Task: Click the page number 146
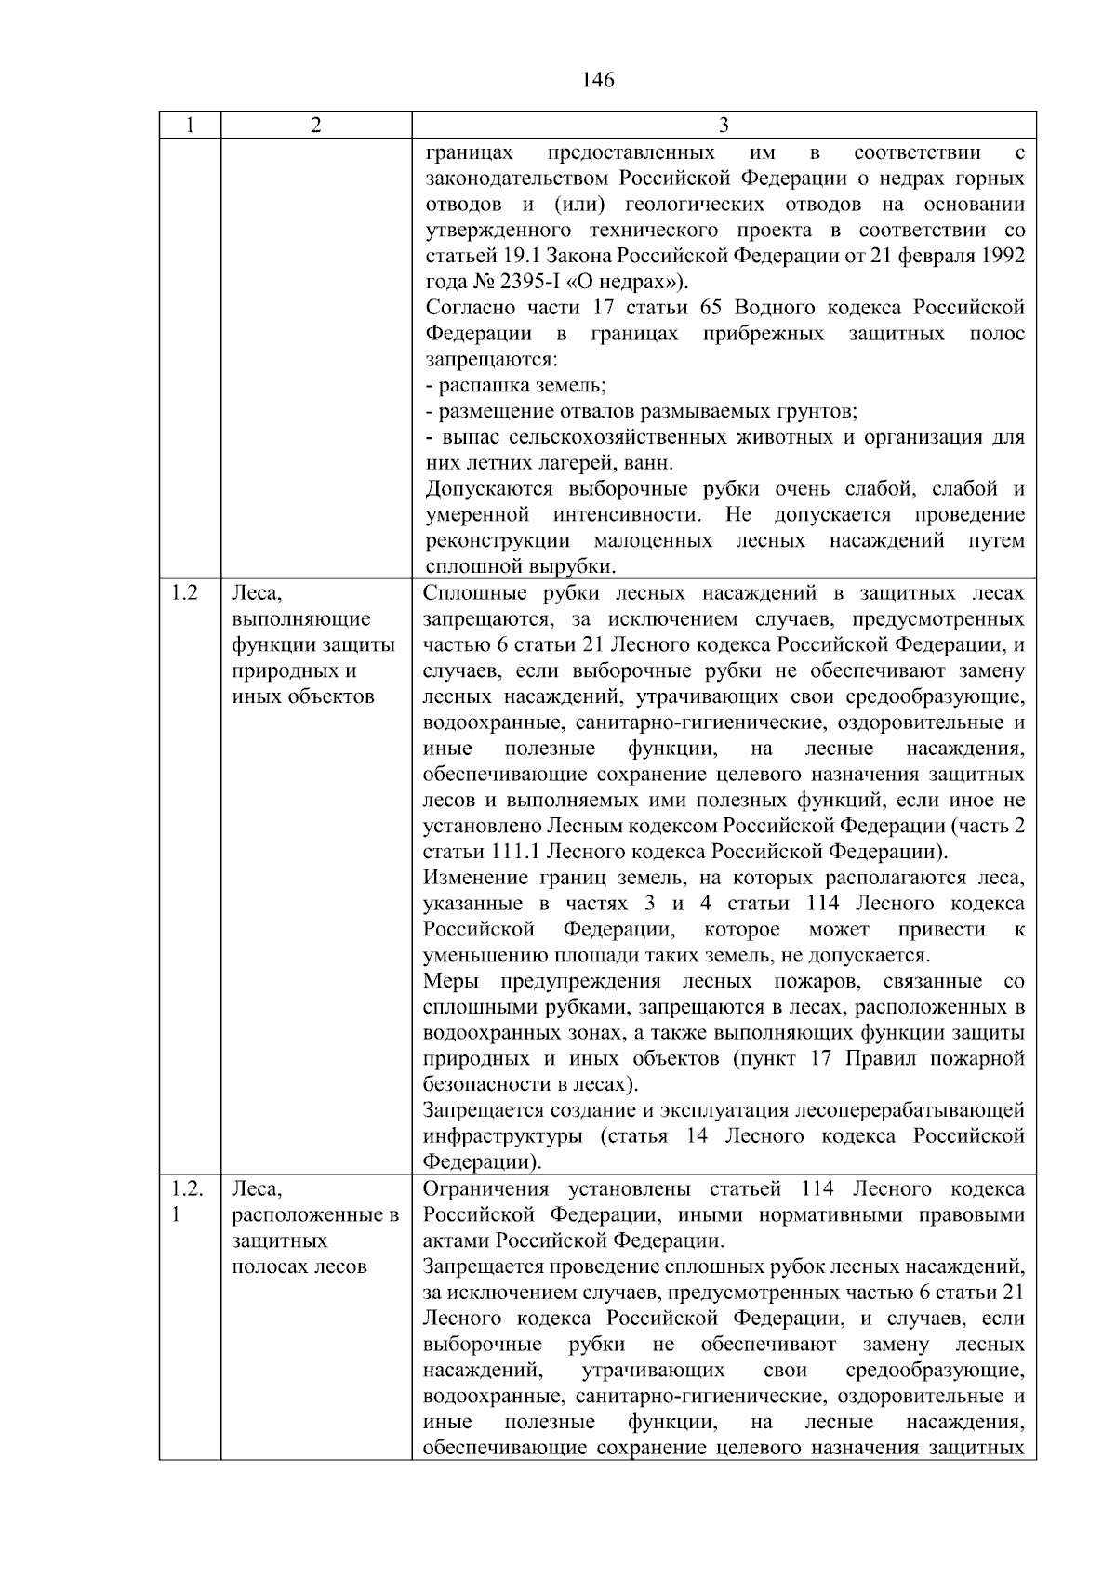(598, 80)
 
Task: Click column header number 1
(190, 126)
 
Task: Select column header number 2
(316, 126)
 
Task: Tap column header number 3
(724, 126)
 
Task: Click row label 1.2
(185, 593)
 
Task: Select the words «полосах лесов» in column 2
(299, 1266)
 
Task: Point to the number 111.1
(514, 852)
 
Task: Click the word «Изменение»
(475, 878)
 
